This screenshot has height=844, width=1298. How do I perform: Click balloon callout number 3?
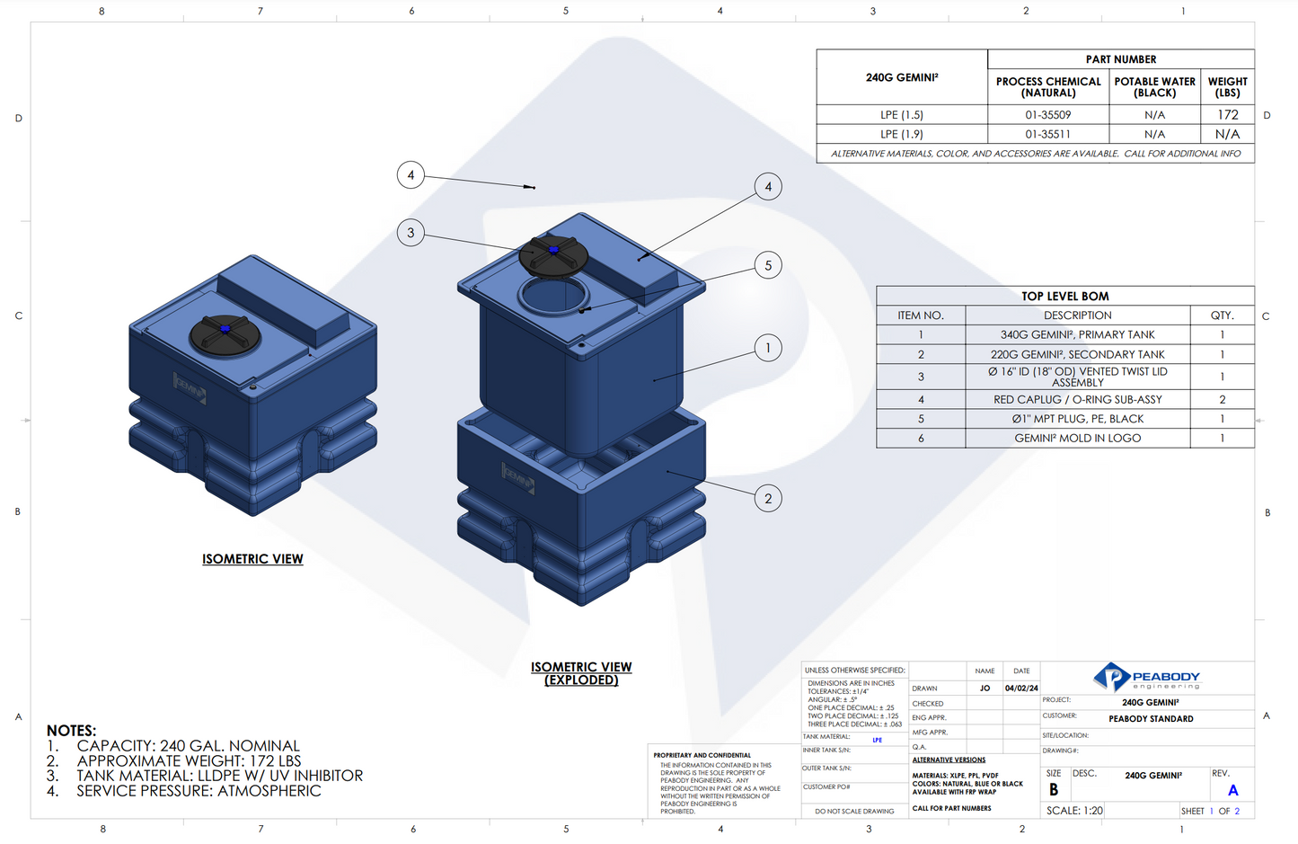[411, 233]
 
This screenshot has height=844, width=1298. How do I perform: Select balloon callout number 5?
[768, 265]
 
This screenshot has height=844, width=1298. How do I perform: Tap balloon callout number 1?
[768, 348]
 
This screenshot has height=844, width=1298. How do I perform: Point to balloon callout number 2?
[768, 499]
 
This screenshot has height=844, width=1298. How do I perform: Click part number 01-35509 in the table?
[1047, 115]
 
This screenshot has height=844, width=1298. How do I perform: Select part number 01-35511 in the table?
[1047, 134]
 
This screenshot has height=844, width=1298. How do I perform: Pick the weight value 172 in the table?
[1227, 115]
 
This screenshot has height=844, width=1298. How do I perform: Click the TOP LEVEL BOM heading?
[1064, 296]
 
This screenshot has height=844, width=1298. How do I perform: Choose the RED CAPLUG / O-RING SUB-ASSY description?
[1077, 399]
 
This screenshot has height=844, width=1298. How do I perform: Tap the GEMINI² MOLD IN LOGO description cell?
[1077, 439]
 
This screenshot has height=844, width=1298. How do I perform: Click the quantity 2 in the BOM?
[1222, 399]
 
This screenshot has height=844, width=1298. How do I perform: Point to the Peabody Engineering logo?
[1147, 678]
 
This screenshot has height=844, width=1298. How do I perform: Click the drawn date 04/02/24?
[1021, 689]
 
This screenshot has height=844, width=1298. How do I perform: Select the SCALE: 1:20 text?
[1074, 811]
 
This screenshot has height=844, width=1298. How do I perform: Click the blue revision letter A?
[1232, 791]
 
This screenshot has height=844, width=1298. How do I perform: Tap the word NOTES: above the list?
[71, 731]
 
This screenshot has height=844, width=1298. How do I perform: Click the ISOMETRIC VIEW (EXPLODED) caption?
[581, 673]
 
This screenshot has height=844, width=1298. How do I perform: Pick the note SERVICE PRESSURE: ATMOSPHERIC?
[199, 791]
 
